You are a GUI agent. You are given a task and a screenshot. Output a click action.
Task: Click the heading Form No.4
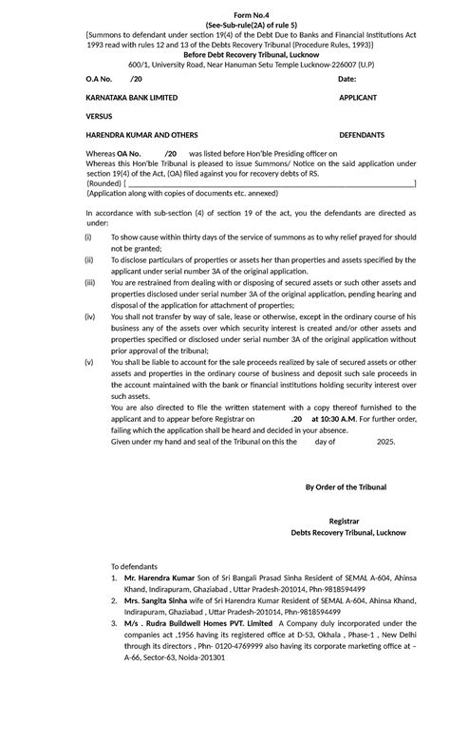point(225,13)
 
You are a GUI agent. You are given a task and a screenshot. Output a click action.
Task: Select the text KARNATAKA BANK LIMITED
point(131,98)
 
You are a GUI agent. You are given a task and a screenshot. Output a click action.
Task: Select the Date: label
point(347,79)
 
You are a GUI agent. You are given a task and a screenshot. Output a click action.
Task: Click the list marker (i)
point(88,236)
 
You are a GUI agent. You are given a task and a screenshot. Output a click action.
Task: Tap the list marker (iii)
point(90,282)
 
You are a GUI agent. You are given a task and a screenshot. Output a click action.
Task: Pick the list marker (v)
point(89,362)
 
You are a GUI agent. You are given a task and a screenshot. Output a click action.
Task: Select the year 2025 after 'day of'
point(385,442)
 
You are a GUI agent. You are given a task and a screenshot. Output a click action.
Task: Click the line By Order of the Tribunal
point(345,487)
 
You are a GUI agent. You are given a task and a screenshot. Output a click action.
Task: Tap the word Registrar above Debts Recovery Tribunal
point(344,522)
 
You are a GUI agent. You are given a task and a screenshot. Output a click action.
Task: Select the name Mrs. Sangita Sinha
point(156,601)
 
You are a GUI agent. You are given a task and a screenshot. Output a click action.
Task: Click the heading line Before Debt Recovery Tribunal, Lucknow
point(225,54)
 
